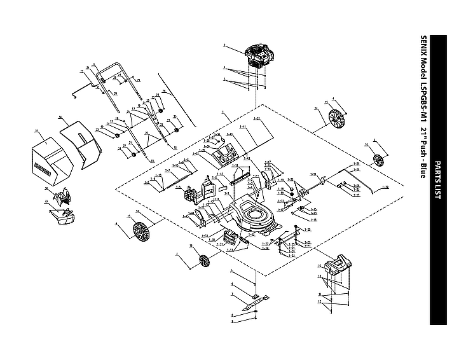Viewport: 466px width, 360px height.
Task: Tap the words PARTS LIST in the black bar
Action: click(437, 181)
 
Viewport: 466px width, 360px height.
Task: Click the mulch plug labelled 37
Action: click(64, 216)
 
